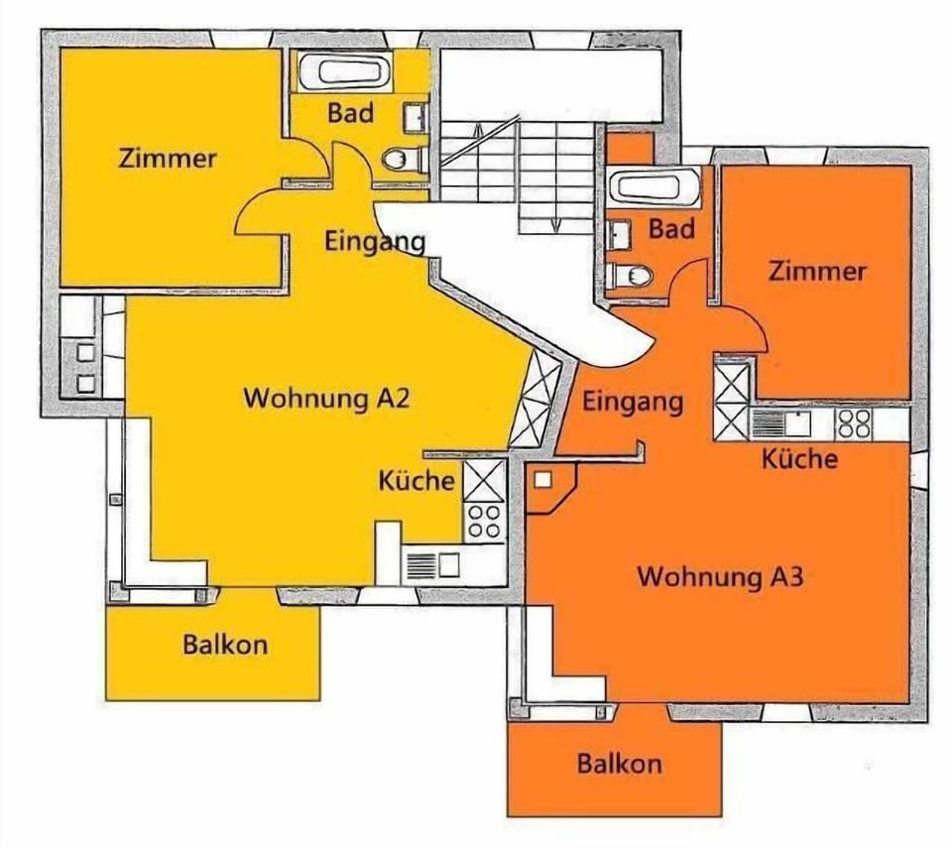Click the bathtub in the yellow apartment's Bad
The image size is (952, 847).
pos(344,71)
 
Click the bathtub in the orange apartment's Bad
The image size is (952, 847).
pos(654,187)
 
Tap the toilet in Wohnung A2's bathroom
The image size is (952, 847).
pos(404,160)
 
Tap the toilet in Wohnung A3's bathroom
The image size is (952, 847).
pos(630,277)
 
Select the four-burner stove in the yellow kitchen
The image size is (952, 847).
pos(485,522)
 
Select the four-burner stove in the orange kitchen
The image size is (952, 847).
pos(854,423)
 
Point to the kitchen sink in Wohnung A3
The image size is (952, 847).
pos(782,423)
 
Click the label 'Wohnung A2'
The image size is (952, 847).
pos(326,399)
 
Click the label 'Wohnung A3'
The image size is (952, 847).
pos(721,576)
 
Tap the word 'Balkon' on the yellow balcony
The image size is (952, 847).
pos(225,645)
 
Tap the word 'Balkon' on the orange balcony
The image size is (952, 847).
pos(619,764)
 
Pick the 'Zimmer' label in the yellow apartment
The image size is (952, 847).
pos(168,159)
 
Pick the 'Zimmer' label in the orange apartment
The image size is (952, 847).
pos(817,271)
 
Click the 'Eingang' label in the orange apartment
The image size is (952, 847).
pos(633,403)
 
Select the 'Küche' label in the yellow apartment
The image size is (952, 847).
pos(416,480)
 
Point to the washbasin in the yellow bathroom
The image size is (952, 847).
pos(416,116)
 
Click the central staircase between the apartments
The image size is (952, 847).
pos(517,178)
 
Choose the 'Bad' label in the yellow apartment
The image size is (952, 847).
pos(350,113)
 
